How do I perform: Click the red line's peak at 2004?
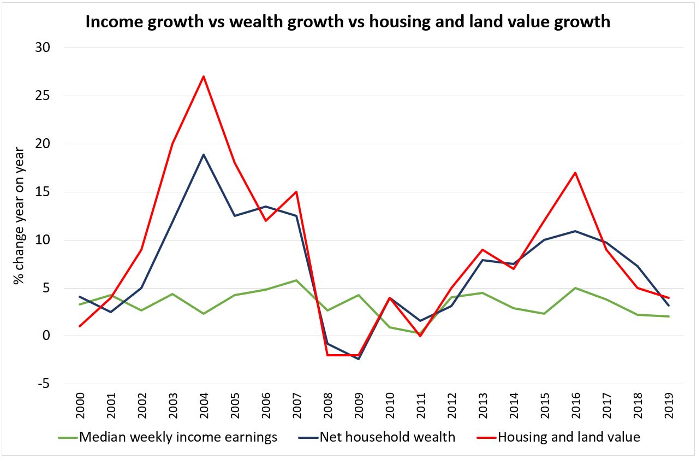[x=204, y=77]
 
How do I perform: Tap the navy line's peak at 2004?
[x=204, y=155]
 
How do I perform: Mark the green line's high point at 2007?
[x=296, y=280]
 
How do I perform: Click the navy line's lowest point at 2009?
[x=358, y=359]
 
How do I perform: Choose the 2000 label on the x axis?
[x=79, y=406]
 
